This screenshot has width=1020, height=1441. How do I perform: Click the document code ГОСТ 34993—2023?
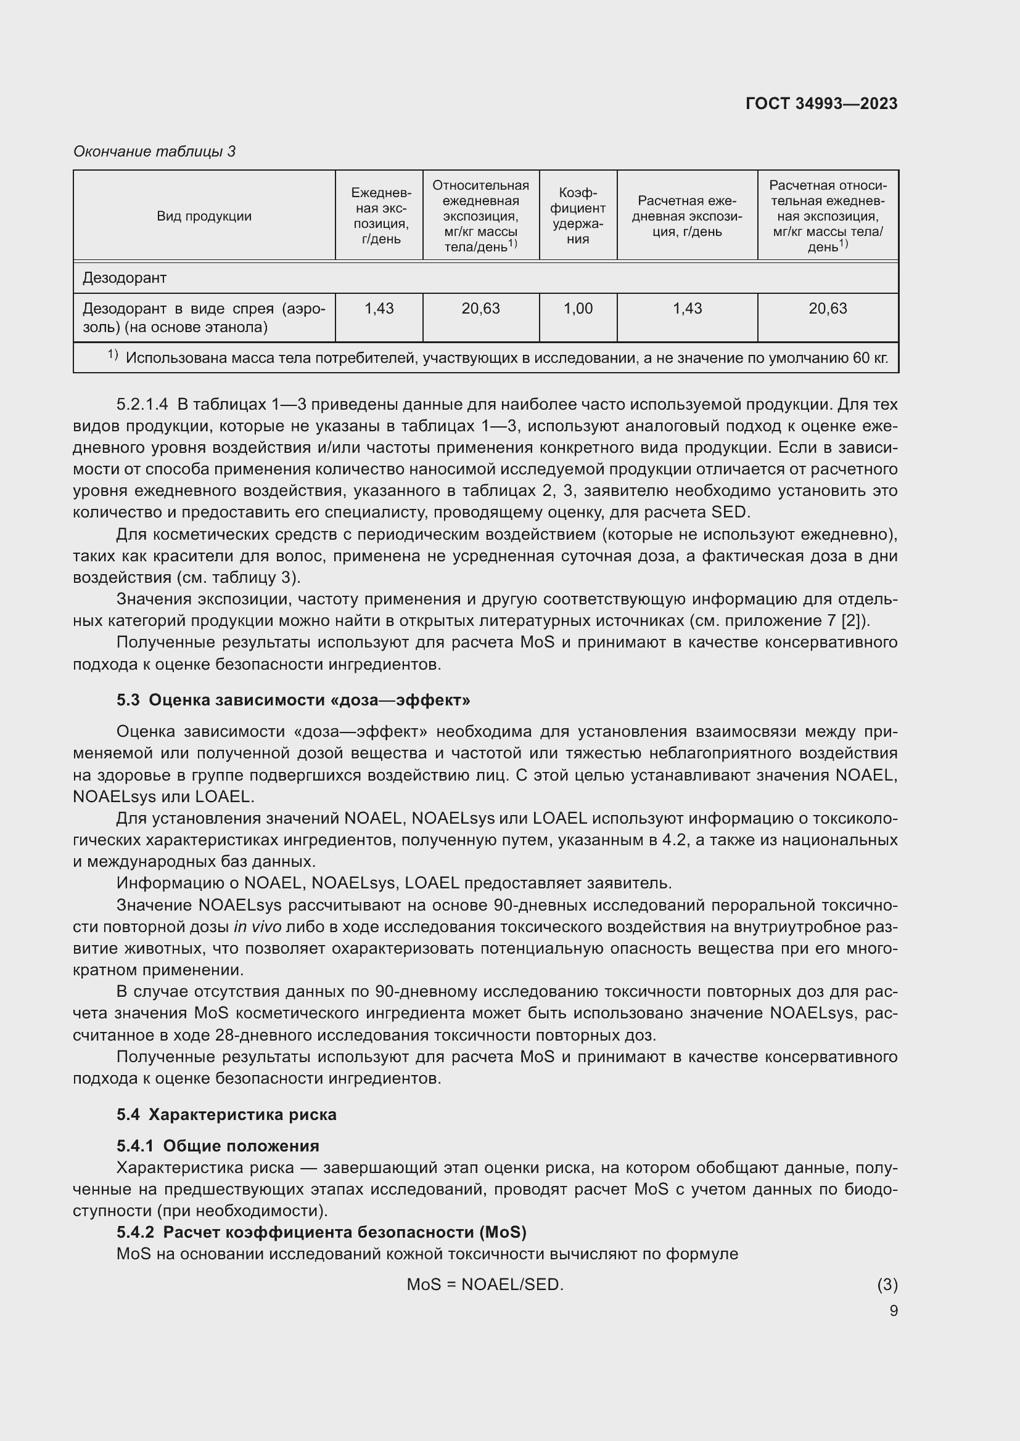[821, 104]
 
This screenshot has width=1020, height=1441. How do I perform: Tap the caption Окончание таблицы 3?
[155, 152]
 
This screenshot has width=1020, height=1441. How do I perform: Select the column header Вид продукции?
[204, 216]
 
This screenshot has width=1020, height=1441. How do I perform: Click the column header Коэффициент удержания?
[577, 216]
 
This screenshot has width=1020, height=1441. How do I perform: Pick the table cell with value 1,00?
[577, 308]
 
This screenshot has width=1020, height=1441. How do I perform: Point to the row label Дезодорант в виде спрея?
[204, 317]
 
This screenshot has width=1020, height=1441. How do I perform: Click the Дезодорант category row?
[125, 277]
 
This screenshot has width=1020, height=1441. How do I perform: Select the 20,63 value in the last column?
[827, 308]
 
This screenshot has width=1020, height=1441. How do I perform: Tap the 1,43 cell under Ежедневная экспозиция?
[379, 308]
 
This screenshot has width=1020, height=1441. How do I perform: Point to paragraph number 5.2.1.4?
[142, 404]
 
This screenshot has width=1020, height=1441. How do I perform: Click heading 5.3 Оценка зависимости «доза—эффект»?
[293, 700]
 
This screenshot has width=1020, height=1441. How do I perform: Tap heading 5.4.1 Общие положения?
[217, 1146]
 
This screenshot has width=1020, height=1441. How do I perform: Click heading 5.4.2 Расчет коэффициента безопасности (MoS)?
[321, 1232]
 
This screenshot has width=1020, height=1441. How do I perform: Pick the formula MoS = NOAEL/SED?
[485, 1285]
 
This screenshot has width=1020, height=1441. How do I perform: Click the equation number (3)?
[887, 1285]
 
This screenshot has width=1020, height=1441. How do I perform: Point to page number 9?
[893, 1310]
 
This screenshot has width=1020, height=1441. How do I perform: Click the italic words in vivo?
[257, 927]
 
